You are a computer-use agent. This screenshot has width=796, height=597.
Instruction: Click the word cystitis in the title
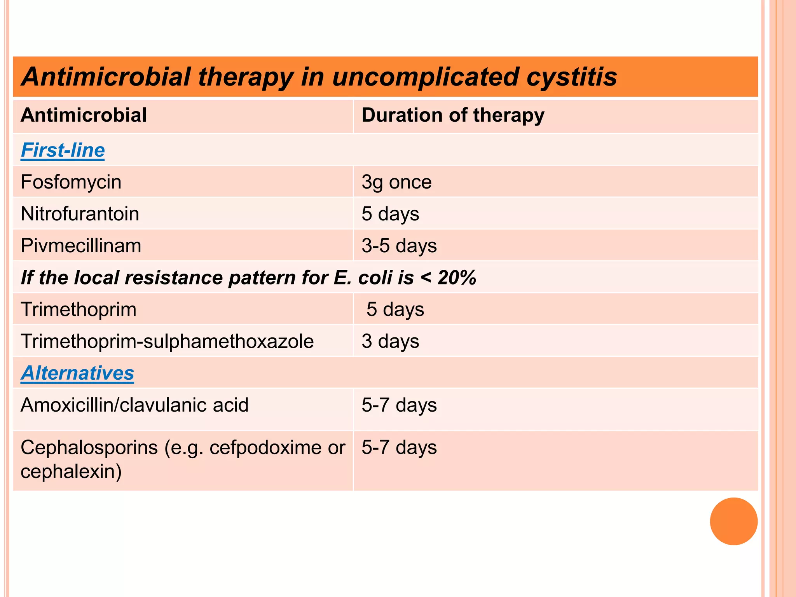click(x=571, y=77)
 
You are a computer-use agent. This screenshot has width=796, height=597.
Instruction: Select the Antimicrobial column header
click(x=84, y=115)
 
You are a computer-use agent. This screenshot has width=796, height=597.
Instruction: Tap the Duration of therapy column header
click(x=452, y=115)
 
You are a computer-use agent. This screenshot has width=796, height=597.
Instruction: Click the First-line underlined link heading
click(x=63, y=150)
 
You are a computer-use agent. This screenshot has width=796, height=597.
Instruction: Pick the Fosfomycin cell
click(x=71, y=182)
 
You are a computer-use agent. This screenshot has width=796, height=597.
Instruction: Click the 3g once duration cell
click(x=396, y=182)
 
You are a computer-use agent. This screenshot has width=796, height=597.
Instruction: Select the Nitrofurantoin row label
click(x=80, y=214)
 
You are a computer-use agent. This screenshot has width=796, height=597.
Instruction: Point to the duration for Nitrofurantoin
click(x=390, y=214)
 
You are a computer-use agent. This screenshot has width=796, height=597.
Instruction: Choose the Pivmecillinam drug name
click(x=81, y=246)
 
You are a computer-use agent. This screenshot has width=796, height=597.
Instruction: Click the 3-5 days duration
click(x=399, y=246)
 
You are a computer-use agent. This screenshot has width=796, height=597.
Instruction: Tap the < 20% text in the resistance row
click(x=449, y=278)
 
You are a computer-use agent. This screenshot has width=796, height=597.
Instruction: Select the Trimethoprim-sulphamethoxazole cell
click(x=167, y=341)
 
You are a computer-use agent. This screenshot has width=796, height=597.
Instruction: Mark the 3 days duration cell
click(x=390, y=341)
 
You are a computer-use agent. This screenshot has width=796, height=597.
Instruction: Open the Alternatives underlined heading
click(x=77, y=373)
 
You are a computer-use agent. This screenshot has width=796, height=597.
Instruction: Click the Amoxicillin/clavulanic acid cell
click(x=134, y=405)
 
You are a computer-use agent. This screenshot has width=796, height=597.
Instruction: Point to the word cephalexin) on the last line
click(x=71, y=471)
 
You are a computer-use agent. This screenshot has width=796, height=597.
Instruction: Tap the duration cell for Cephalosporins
click(x=399, y=447)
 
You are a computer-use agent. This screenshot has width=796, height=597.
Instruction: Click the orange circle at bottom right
click(x=733, y=521)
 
